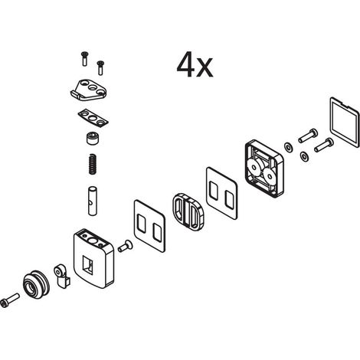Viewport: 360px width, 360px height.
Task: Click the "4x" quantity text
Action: click(195, 65)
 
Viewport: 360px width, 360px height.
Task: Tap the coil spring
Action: click(92, 165)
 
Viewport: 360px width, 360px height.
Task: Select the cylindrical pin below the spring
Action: click(92, 201)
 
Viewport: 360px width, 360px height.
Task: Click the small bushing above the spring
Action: click(93, 139)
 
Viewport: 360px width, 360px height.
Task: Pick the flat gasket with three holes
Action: click(93, 118)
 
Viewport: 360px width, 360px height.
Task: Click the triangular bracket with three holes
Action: click(89, 90)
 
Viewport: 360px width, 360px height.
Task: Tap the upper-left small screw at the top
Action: click(85, 59)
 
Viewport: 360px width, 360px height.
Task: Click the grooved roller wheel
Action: click(37, 284)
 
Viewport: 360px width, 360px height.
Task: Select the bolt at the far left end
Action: click(10, 299)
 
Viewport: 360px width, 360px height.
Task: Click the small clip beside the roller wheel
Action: click(61, 276)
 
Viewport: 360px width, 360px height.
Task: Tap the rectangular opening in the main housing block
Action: click(88, 264)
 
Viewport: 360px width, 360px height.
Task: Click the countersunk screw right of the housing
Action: click(126, 246)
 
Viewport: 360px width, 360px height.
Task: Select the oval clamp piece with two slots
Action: click(188, 211)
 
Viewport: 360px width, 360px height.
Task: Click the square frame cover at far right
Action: click(345, 123)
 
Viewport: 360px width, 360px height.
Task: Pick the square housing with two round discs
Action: click(264, 169)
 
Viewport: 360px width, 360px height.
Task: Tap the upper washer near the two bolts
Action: click(288, 147)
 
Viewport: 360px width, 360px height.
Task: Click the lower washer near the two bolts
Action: click(304, 156)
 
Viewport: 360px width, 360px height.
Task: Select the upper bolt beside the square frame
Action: click(308, 136)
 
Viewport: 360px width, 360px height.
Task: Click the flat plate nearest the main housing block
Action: click(149, 226)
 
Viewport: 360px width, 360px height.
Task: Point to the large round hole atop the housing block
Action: click(93, 241)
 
